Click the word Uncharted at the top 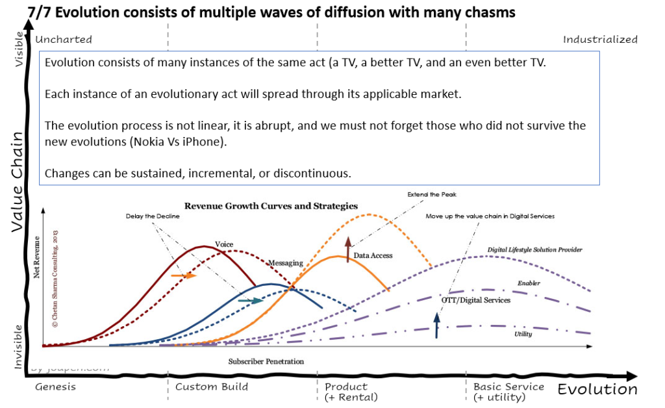tap(64, 40)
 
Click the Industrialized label tap(600, 40)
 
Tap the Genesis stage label tap(55, 387)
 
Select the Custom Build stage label tap(212, 387)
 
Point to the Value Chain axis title tap(17, 182)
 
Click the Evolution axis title tap(597, 389)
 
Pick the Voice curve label tap(224, 244)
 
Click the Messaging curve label tap(286, 263)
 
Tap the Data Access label tap(373, 256)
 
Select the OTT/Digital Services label tap(475, 300)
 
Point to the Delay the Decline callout tap(153, 216)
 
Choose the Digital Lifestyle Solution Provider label tap(534, 249)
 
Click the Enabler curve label tap(529, 283)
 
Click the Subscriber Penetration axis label tap(266, 361)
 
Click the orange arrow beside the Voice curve tap(184, 275)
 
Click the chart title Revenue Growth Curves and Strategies tap(271, 206)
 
